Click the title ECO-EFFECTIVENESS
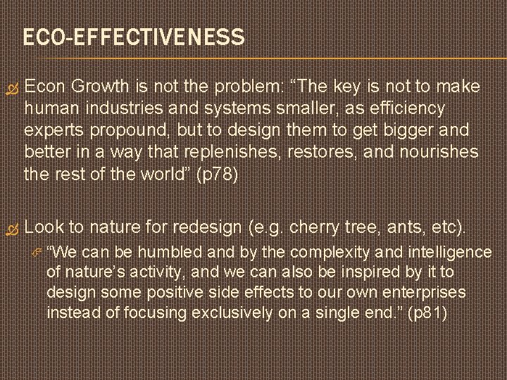pyautogui.click(x=134, y=37)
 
